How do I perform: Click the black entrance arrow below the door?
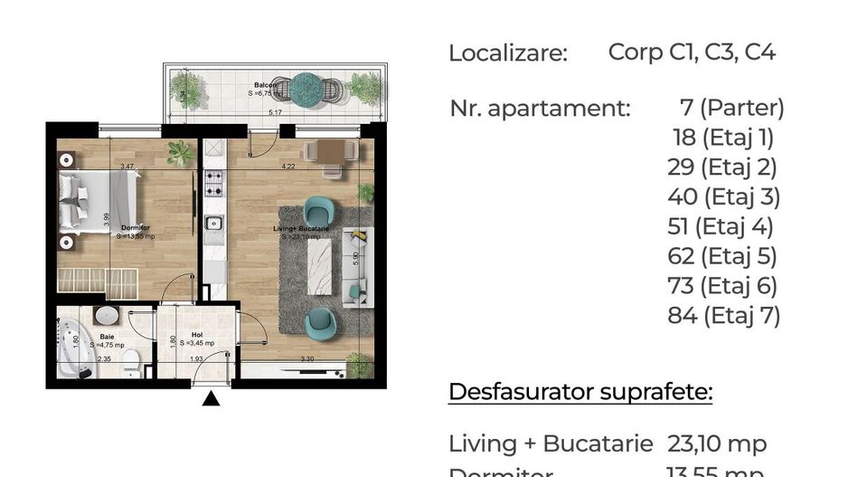click(212, 398)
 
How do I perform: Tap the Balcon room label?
click(264, 86)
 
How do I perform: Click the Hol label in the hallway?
click(195, 336)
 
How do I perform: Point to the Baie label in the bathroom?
click(107, 337)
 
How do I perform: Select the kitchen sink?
click(214, 224)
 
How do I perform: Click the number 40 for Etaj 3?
click(683, 196)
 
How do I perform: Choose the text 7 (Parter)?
click(731, 109)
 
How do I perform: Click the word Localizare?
click(508, 53)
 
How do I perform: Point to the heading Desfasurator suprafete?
click(580, 393)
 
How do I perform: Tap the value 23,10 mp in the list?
click(717, 444)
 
